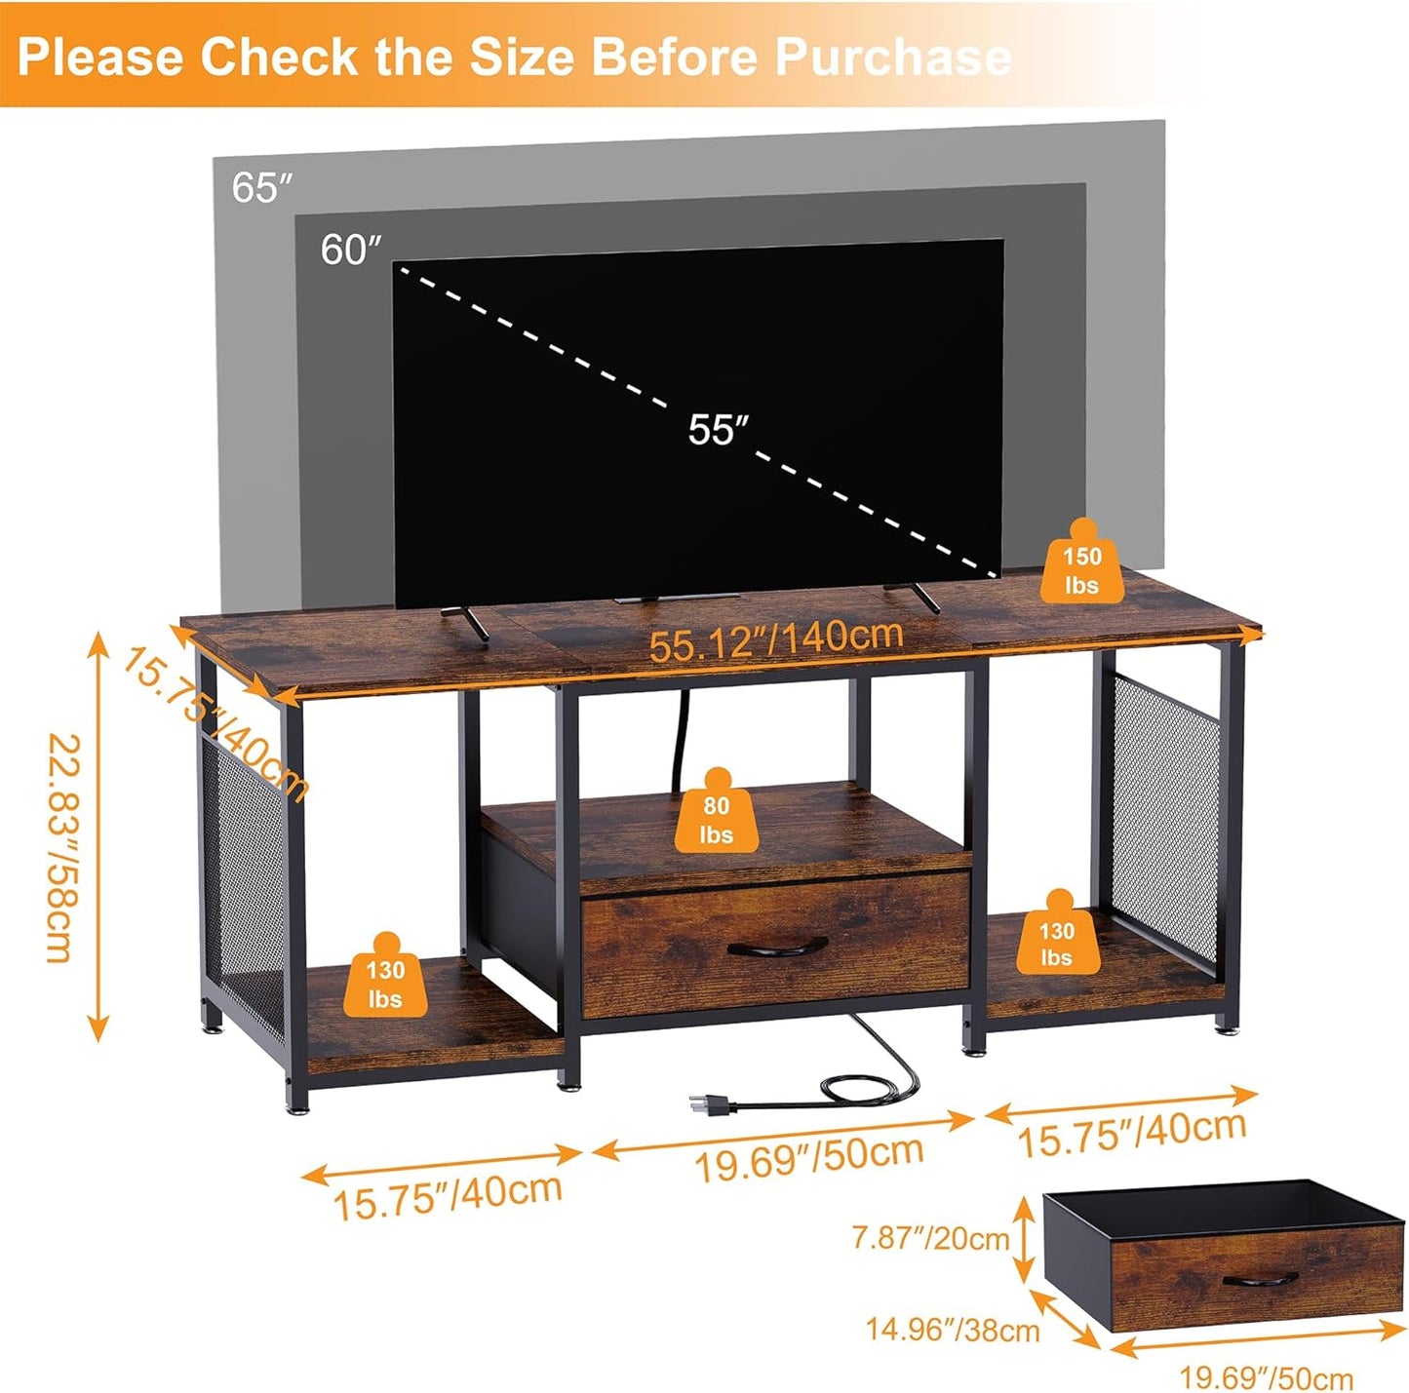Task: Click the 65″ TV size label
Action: [x=261, y=186]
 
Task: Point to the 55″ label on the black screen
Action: [x=718, y=429]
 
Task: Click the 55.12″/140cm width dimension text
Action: [x=776, y=639]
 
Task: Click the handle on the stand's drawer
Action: [x=777, y=945]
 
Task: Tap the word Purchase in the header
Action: [x=892, y=57]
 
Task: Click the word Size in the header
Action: [x=526, y=57]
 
